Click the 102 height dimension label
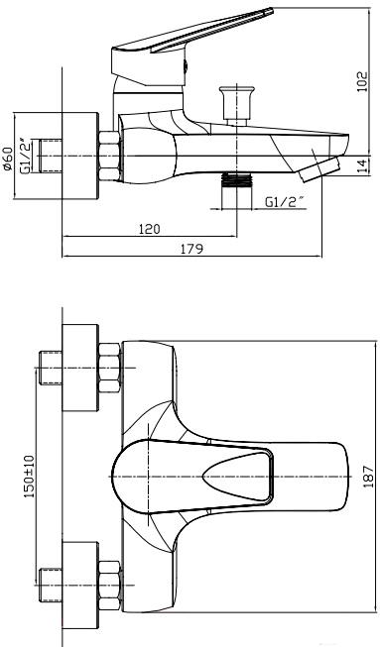(361, 81)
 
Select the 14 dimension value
(362, 165)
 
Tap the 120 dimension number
(149, 229)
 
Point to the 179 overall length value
(192, 249)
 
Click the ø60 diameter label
(8, 159)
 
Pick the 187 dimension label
(368, 477)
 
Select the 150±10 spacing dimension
(30, 476)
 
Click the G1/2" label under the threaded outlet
(285, 202)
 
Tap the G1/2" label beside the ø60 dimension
(26, 157)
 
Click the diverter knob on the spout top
(237, 104)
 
